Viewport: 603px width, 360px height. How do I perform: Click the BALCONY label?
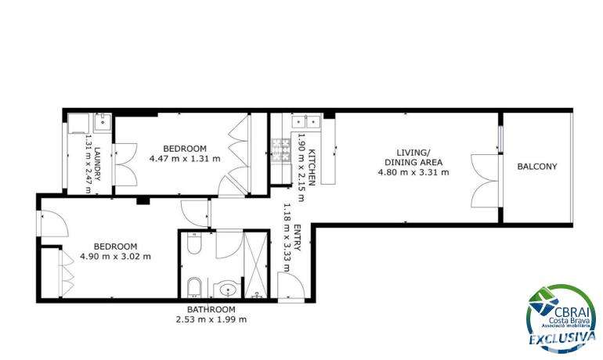point(537,167)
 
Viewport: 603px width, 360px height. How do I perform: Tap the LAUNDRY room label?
point(97,164)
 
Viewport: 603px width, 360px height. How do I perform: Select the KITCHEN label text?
point(312,167)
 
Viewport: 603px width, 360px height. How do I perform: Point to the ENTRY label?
point(297,237)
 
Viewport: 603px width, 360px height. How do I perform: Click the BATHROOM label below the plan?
point(211,309)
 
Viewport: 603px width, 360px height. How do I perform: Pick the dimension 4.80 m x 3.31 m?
point(413,172)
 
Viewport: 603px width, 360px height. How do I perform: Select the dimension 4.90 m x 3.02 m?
point(115,256)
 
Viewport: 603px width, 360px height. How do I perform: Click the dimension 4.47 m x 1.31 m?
point(185,158)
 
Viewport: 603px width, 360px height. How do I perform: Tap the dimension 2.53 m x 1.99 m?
point(211,319)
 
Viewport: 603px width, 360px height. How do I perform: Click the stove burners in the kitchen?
point(281,149)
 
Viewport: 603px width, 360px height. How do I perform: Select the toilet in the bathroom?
point(194,243)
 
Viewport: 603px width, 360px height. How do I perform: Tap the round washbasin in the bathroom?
point(228,289)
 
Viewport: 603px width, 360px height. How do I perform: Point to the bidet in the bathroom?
point(194,287)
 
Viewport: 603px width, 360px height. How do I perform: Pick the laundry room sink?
point(103,123)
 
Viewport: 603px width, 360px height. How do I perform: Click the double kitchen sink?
point(305,121)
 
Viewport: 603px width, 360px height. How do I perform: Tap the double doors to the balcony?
point(486,181)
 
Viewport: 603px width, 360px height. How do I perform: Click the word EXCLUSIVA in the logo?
point(562,338)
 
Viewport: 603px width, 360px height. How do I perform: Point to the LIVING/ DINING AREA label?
point(413,157)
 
